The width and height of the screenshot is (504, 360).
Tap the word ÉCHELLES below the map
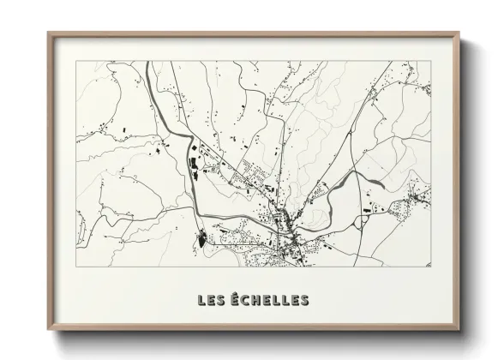point(267,300)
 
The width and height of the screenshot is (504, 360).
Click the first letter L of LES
point(201,300)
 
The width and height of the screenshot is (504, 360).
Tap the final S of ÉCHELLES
point(304,300)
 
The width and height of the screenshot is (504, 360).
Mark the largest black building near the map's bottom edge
point(201,239)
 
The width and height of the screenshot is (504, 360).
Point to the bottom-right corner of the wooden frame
point(458,336)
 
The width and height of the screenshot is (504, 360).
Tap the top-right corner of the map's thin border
point(430,61)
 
